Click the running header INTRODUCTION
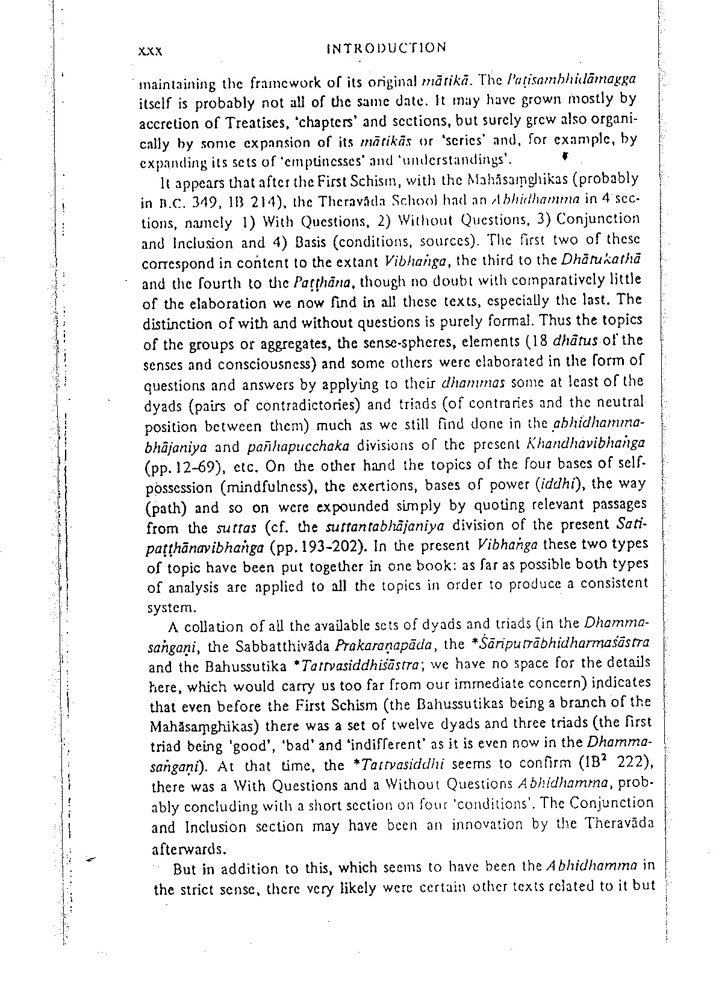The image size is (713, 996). pyautogui.click(x=386, y=48)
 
